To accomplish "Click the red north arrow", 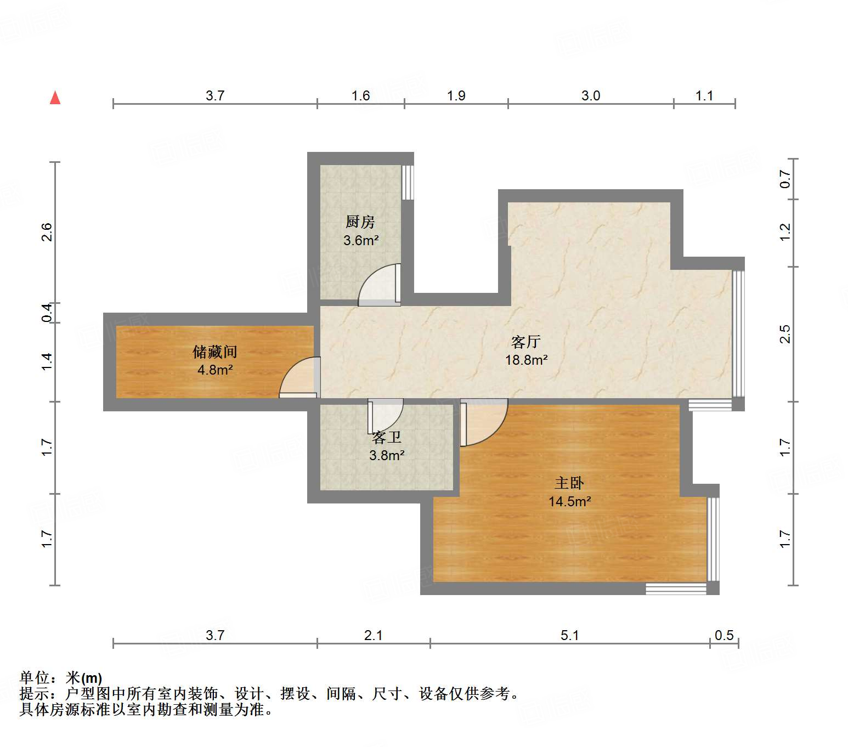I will click(x=55, y=98).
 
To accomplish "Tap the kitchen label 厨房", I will click(x=360, y=222).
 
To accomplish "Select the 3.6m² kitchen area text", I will click(x=361, y=240).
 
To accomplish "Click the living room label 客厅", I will click(x=526, y=342).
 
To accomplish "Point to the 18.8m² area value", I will click(x=526, y=360).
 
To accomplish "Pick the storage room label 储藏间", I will click(x=214, y=351).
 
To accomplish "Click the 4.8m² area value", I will click(x=215, y=370).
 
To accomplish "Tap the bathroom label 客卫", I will click(x=387, y=437).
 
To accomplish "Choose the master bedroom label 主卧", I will click(x=569, y=483).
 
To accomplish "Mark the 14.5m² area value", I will click(x=569, y=501).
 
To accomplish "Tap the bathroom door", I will click(x=386, y=417).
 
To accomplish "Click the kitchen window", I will click(x=408, y=183).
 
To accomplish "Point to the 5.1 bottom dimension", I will click(x=569, y=635).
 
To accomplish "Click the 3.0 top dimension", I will click(x=591, y=95).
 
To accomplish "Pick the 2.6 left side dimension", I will click(x=47, y=231).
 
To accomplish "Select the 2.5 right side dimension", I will click(x=785, y=334).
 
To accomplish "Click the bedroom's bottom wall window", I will click(x=675, y=589).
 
